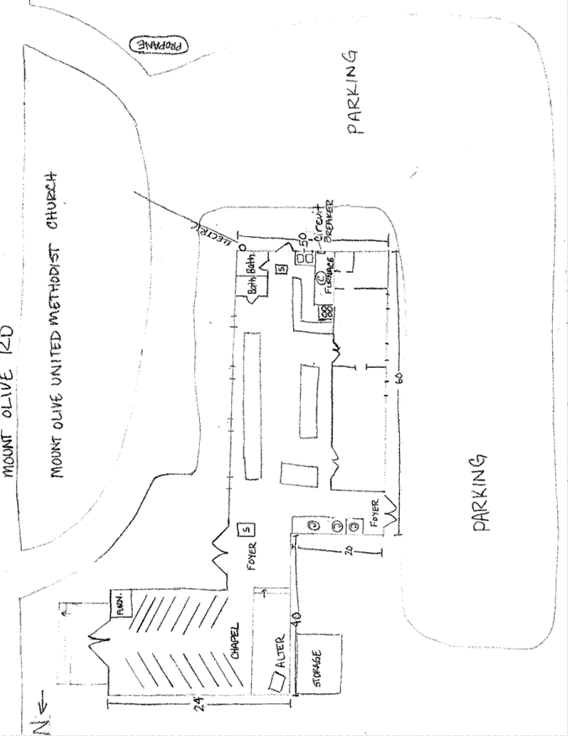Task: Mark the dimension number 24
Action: [199, 702]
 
